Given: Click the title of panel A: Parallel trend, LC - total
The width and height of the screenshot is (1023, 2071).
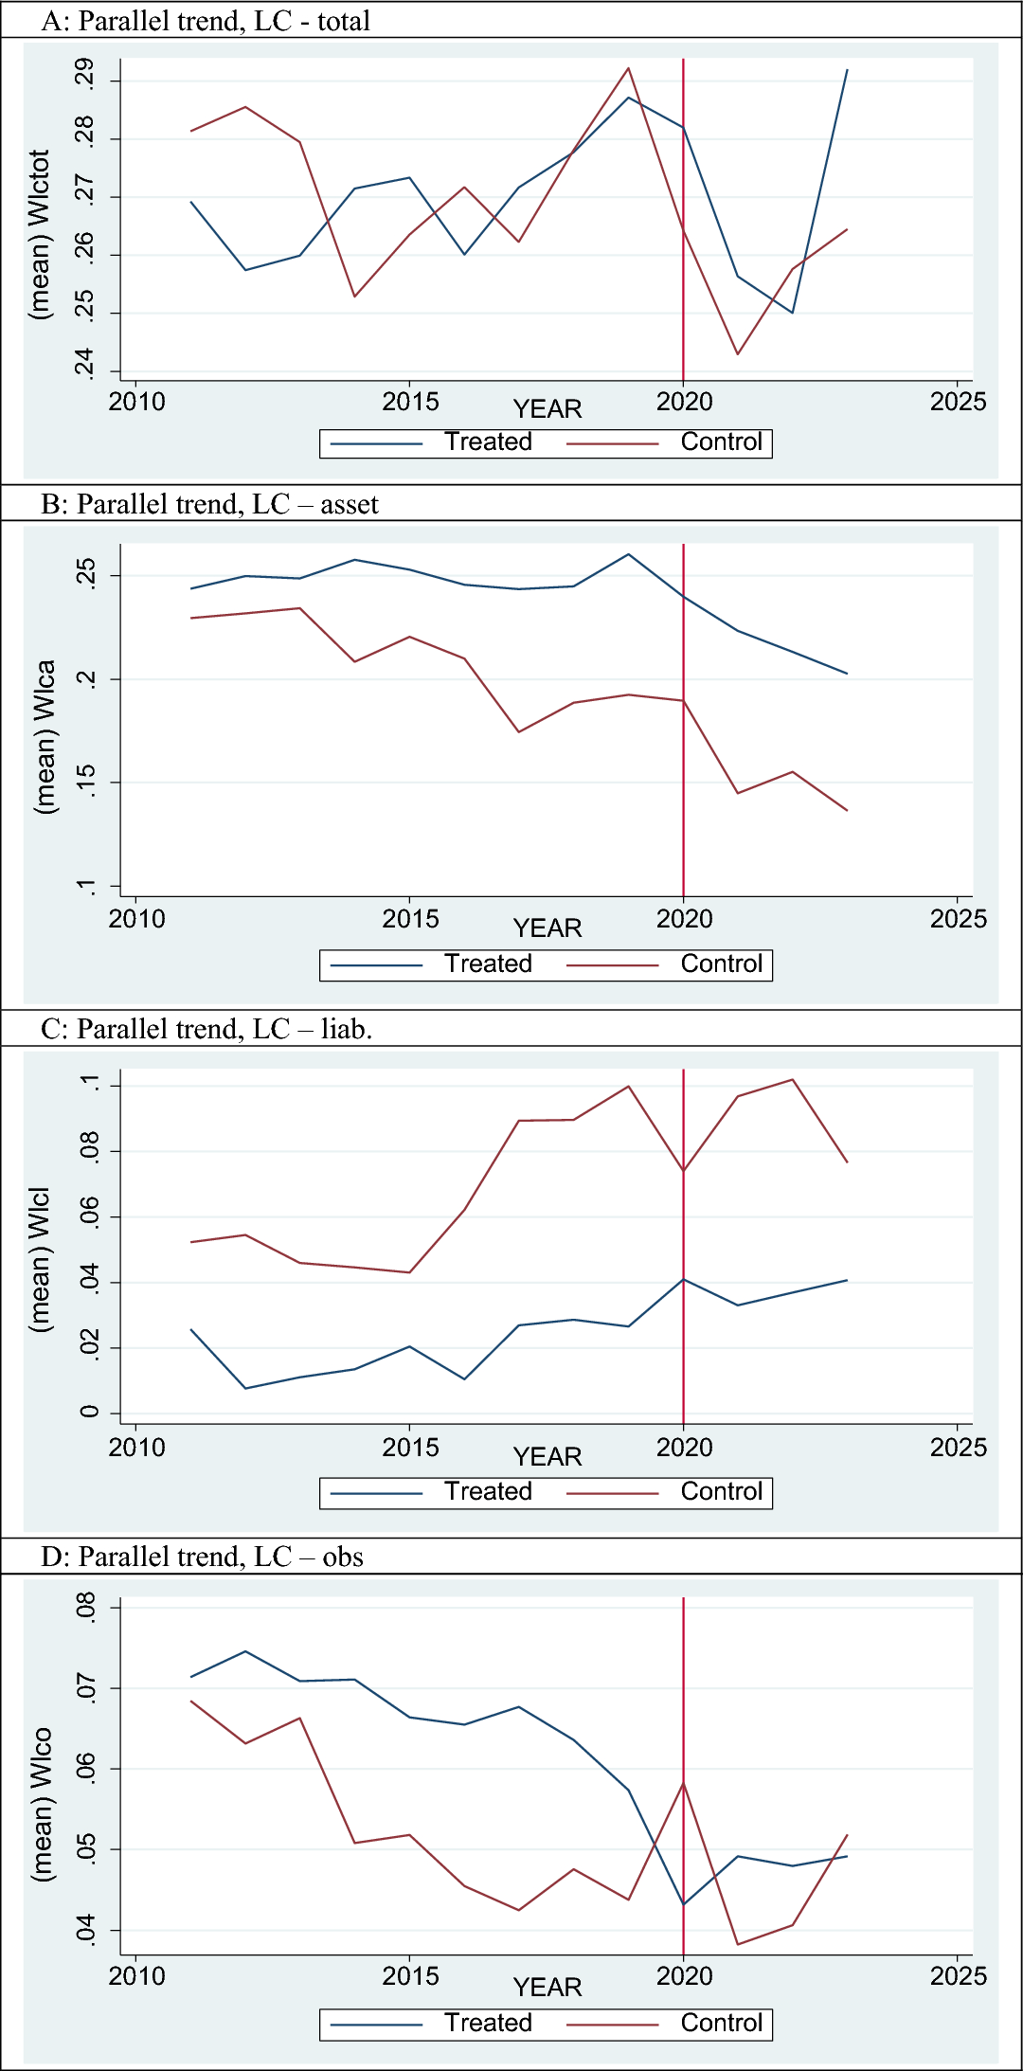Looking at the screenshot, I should click(x=206, y=21).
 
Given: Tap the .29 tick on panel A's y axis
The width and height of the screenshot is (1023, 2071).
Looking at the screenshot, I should click(x=85, y=75).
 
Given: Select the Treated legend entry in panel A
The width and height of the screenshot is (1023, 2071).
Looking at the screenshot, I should click(x=488, y=442).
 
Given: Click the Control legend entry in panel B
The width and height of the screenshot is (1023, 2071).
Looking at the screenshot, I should click(x=721, y=964).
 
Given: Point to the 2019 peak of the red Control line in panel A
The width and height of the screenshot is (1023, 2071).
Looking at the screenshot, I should click(x=628, y=68).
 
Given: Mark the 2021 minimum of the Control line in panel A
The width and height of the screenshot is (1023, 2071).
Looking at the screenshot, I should click(x=738, y=354).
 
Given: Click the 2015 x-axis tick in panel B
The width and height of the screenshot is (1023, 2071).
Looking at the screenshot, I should click(x=410, y=919).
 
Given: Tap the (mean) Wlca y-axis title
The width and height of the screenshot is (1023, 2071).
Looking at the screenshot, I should click(x=45, y=736).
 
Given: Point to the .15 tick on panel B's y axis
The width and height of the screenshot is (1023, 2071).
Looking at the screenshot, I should click(x=85, y=782).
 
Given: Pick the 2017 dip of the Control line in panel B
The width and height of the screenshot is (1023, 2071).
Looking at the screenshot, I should click(x=519, y=731).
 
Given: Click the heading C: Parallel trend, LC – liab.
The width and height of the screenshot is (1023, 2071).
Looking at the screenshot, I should click(x=206, y=1029).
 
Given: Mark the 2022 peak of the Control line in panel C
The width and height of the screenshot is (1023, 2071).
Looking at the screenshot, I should click(x=792, y=1079).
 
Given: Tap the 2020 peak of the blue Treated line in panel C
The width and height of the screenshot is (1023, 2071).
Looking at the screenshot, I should click(x=683, y=1279).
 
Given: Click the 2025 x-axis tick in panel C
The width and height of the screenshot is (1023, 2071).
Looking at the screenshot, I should click(x=958, y=1448).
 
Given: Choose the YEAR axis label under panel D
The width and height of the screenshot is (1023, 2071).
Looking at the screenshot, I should click(x=547, y=1987).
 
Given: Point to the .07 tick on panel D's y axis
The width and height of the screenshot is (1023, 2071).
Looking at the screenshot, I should click(x=85, y=1689).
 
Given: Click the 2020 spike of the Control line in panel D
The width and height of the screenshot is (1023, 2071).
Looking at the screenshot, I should click(x=683, y=1783).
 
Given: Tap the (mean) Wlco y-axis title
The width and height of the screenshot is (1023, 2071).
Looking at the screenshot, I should click(x=43, y=1804).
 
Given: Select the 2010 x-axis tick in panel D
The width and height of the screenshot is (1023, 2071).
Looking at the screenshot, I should click(x=136, y=1976).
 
